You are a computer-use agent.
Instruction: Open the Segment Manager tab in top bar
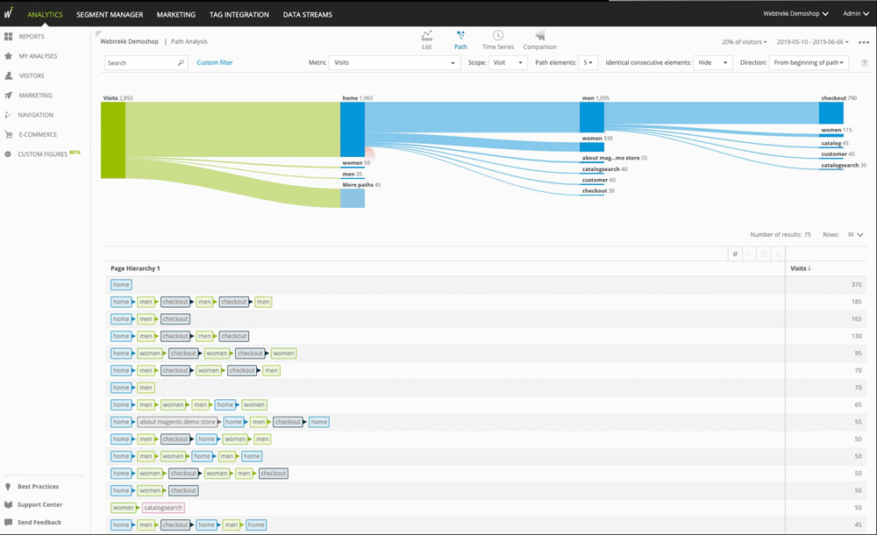110,15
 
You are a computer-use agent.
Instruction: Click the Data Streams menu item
307,15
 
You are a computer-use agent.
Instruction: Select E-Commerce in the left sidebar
38,134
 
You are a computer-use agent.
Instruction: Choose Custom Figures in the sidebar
42,154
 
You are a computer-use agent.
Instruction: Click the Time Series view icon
498,40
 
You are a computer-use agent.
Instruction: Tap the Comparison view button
539,40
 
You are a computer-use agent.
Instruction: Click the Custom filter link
215,63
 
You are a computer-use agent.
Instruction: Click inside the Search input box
140,63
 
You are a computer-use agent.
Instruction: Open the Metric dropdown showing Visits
394,63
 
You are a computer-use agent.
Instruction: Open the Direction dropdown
809,63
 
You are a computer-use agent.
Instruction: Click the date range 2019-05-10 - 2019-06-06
812,42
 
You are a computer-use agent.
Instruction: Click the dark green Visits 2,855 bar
113,140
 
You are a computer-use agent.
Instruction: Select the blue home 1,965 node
353,130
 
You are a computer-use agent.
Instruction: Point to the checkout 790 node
831,113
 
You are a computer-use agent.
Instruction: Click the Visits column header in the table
800,268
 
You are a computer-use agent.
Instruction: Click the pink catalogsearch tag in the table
163,508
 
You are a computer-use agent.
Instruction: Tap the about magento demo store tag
177,422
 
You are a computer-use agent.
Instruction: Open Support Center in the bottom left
39,505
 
